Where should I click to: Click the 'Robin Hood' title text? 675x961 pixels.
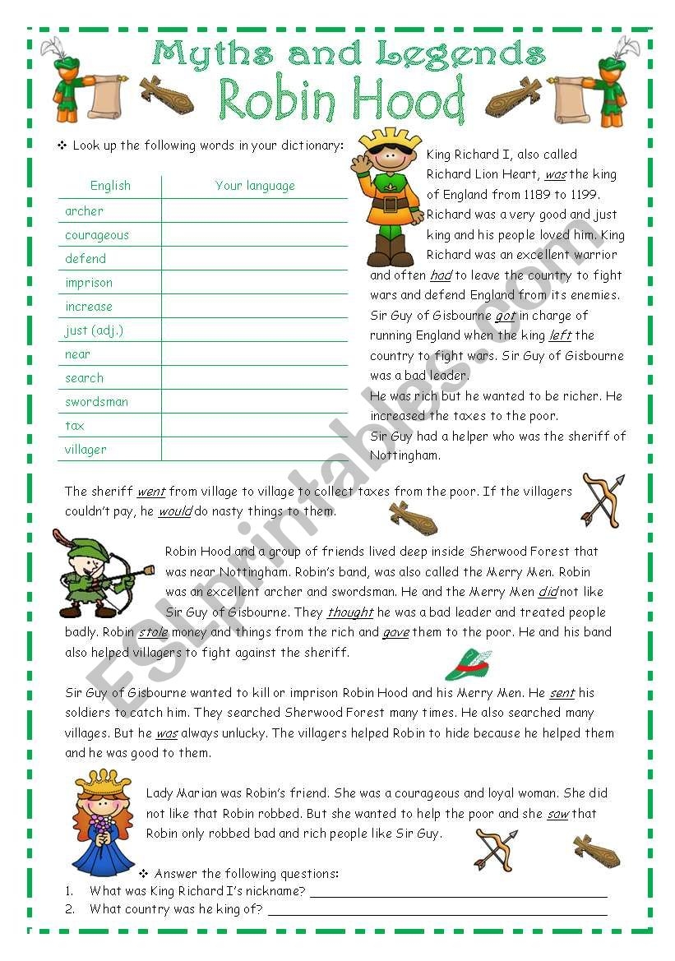[341, 100]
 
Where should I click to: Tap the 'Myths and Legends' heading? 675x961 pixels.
[349, 54]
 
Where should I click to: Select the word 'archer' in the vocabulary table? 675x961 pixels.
[84, 211]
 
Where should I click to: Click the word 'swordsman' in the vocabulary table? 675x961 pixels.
[96, 402]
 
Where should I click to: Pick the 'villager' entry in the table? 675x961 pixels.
[86, 450]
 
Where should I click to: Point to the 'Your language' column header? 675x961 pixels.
[255, 186]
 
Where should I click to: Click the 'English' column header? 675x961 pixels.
[110, 186]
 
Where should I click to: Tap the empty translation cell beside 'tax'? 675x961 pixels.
[255, 426]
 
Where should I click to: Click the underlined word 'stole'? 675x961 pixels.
[153, 633]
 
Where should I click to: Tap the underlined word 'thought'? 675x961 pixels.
[350, 612]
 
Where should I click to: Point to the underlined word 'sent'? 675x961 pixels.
[562, 693]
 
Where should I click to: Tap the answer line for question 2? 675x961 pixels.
[437, 913]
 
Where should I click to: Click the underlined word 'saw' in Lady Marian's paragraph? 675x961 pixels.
[557, 814]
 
